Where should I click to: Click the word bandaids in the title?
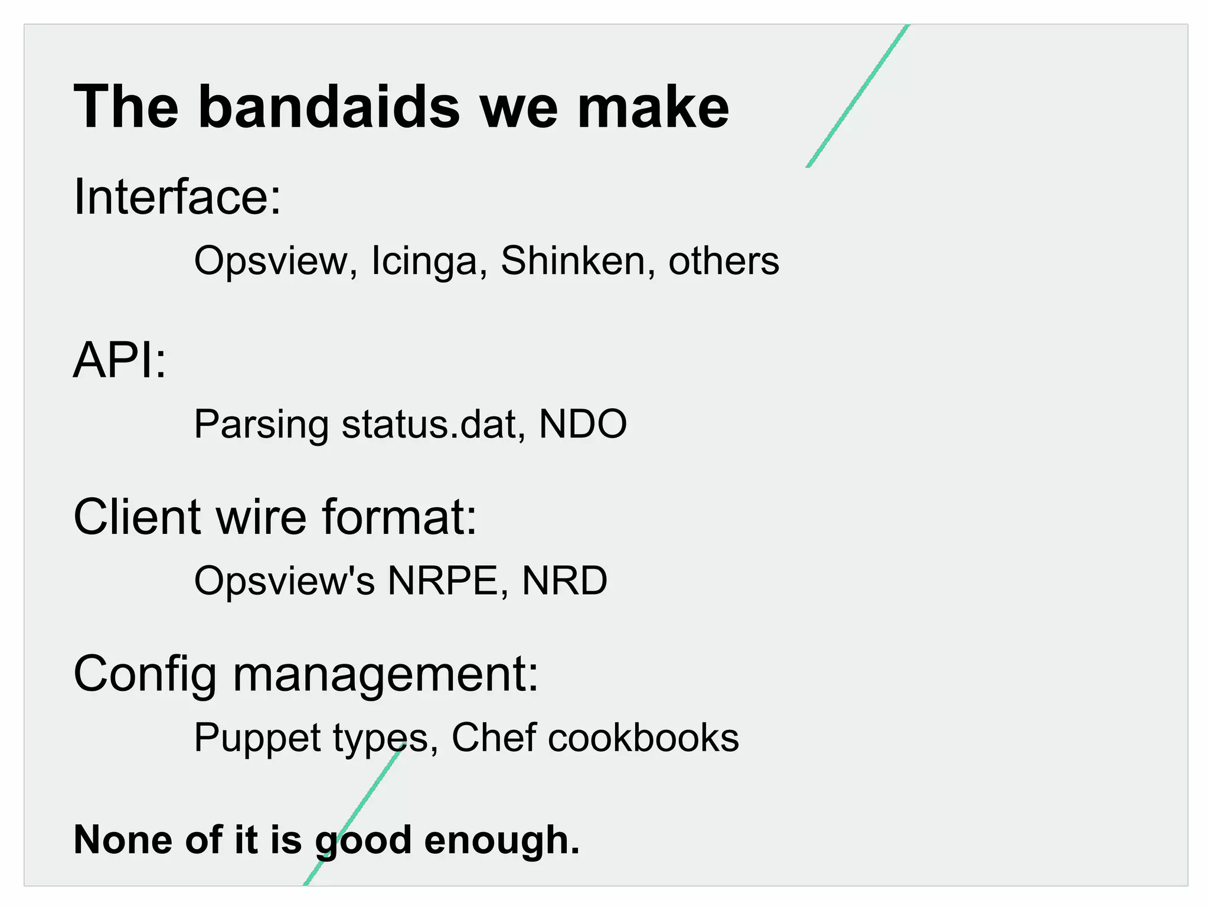tap(328, 107)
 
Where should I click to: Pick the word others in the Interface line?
tap(724, 261)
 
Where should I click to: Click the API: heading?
tap(120, 360)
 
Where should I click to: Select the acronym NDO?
tap(583, 424)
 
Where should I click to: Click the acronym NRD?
tap(564, 580)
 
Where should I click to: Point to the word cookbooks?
tap(643, 738)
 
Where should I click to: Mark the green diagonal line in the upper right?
tap(857, 96)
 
